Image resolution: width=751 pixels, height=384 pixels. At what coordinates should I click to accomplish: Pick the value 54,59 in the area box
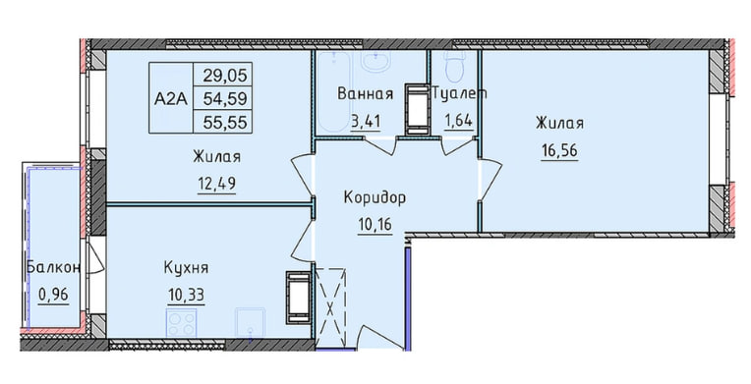coord(223,98)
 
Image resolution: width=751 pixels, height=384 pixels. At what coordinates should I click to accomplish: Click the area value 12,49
coord(216,182)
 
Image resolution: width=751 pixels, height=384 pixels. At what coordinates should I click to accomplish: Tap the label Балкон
coord(47,267)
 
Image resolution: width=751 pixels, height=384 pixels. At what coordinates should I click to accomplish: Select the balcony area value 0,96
coord(47,294)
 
